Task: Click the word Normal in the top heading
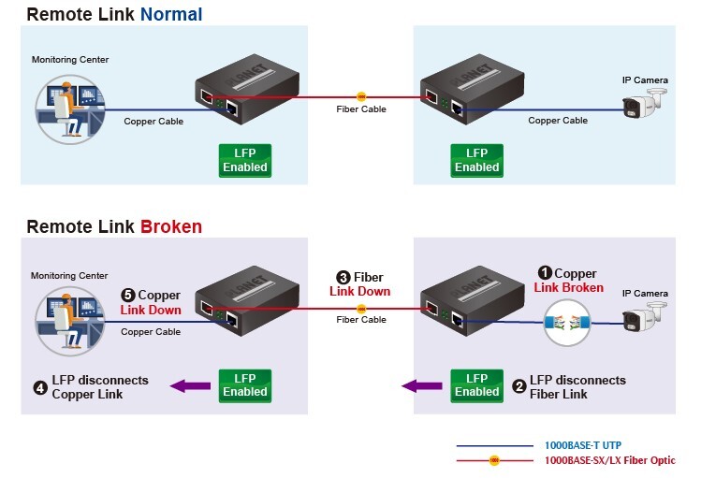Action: [x=171, y=14]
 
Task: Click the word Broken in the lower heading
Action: [x=171, y=226]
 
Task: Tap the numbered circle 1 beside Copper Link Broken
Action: [x=546, y=273]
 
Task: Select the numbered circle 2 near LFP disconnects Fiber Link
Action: [x=519, y=386]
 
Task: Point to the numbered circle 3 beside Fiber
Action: [x=343, y=278]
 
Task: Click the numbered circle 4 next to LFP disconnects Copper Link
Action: [x=40, y=386]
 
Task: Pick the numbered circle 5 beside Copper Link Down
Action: [x=128, y=295]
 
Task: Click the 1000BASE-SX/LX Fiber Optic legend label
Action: [x=609, y=460]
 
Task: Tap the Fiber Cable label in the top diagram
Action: [x=361, y=109]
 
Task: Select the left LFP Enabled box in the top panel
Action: [x=244, y=160]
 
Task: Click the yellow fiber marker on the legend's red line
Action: [x=496, y=460]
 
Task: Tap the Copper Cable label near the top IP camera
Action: [x=558, y=121]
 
